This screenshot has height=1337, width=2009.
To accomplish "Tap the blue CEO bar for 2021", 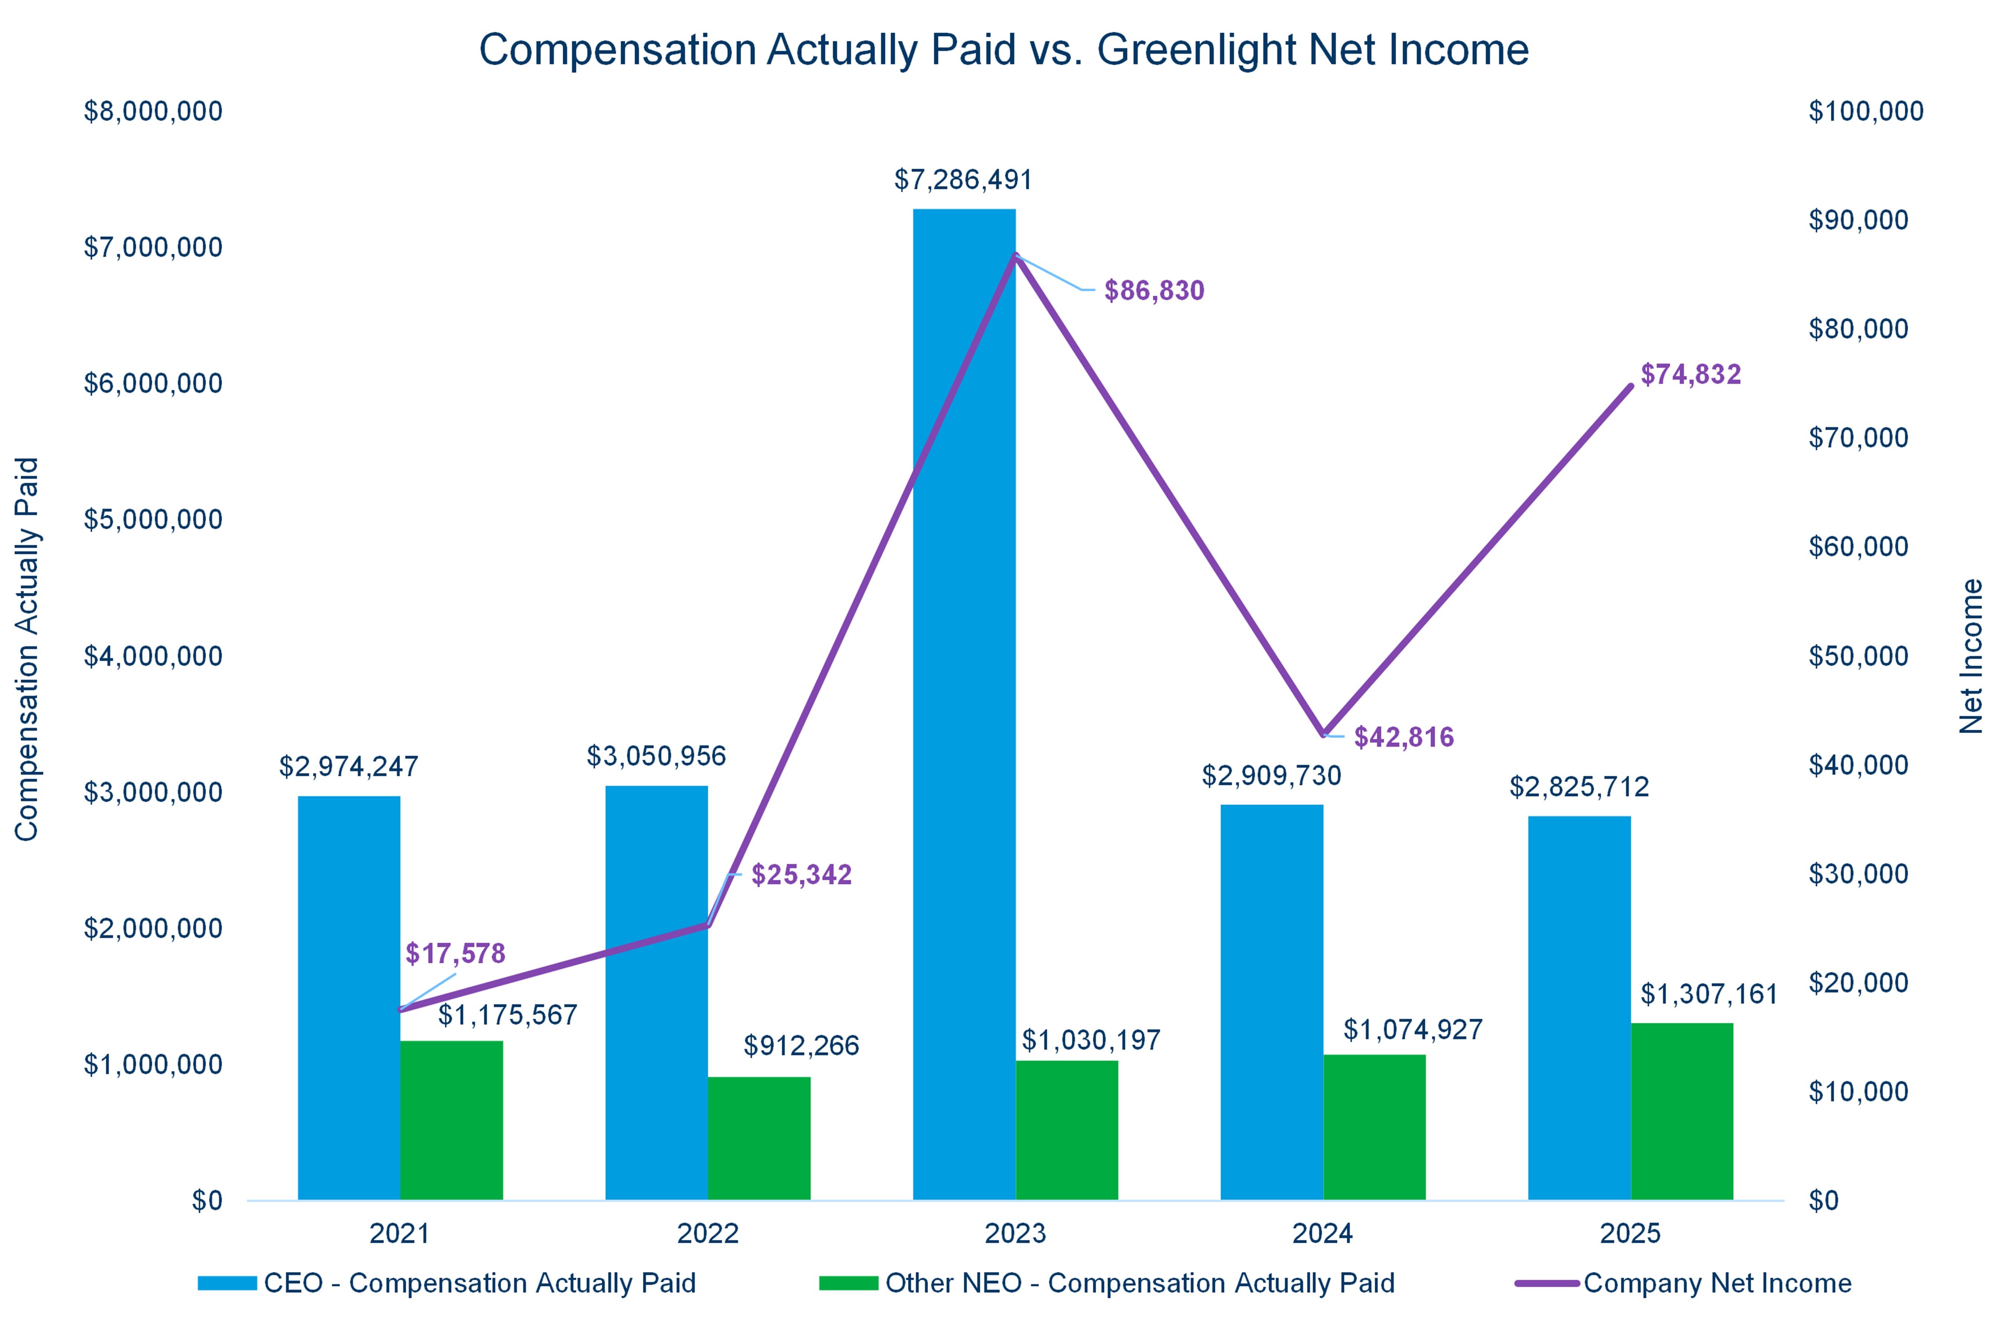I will pos(349,998).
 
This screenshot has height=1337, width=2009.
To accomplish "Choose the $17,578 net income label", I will pos(455,953).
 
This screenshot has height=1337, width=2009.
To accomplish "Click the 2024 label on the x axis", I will pos(1322,1233).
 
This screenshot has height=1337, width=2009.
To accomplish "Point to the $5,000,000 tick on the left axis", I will pos(153,519).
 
